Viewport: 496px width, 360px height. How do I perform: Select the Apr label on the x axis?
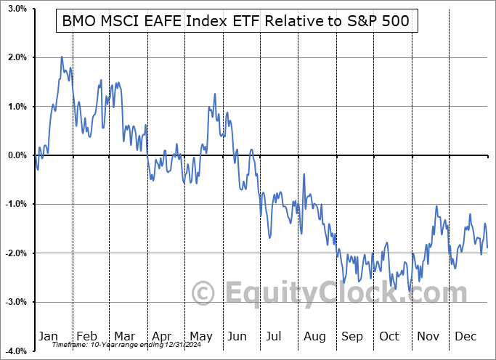tap(162, 336)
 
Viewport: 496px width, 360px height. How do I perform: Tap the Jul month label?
tap(275, 336)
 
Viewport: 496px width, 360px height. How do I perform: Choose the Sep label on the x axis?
tap(352, 336)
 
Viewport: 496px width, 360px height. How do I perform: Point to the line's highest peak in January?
tap(61, 57)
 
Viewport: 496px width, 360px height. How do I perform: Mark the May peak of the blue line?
tap(214, 94)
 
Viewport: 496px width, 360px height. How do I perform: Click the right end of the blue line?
tap(487, 247)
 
